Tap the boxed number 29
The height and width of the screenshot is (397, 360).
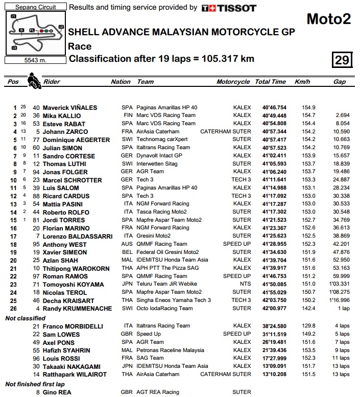pos(342,60)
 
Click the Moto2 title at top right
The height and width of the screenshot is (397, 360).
pos(328,19)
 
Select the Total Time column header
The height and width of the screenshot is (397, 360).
pos(270,82)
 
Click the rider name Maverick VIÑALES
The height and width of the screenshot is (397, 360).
pos(70,108)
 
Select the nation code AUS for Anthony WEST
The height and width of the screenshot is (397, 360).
pos(127,245)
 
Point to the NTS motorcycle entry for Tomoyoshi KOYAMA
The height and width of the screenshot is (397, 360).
pos(245,285)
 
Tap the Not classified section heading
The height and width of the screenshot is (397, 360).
pos(26,318)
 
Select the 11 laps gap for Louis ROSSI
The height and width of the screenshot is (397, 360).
pos(342,358)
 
